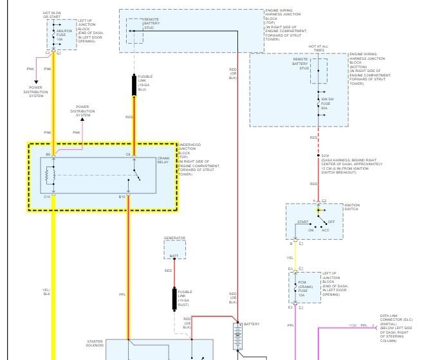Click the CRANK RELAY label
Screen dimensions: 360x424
pyautogui.click(x=163, y=160)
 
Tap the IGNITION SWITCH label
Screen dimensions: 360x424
pyautogui.click(x=352, y=208)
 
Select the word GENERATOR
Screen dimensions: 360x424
pyautogui.click(x=174, y=239)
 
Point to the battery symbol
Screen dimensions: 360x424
pyautogui.click(x=237, y=336)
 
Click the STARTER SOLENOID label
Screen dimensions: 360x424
pyautogui.click(x=99, y=344)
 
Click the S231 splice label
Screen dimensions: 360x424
pyautogui.click(x=326, y=156)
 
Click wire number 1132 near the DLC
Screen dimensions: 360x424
pyautogui.click(x=353, y=326)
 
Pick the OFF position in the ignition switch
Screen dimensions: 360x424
pyautogui.click(x=331, y=222)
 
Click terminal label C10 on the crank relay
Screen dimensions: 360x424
pyautogui.click(x=46, y=196)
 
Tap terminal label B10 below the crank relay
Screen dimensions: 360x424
pyautogui.click(x=122, y=196)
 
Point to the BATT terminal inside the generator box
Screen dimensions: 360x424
pyautogui.click(x=174, y=256)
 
